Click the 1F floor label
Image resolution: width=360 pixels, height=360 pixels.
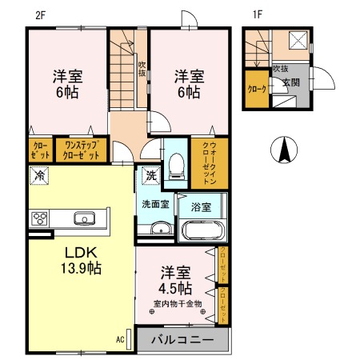258,14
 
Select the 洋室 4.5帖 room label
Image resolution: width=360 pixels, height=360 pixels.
174,280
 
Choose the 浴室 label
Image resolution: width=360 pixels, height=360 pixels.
201,207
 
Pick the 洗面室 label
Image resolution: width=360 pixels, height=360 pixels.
155,204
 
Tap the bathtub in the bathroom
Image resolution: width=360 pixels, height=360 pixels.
204,231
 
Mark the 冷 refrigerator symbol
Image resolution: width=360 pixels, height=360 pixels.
38,174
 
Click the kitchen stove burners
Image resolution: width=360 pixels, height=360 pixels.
39,218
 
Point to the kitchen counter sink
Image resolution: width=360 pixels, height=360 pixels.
84,218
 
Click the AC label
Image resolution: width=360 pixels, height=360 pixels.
120,339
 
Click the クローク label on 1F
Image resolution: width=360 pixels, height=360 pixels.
257,89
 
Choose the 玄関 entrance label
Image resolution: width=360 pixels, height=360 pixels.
290,82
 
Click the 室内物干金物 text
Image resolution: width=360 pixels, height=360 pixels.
178,303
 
